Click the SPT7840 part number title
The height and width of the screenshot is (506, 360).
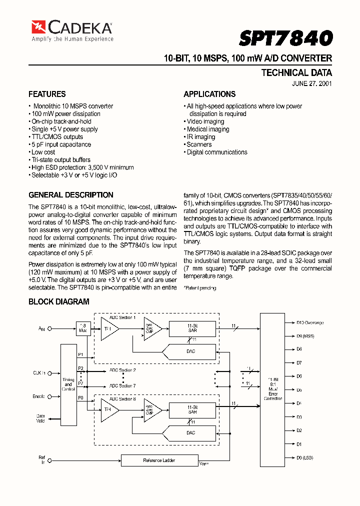click(285, 38)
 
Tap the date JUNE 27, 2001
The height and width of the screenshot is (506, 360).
click(312, 84)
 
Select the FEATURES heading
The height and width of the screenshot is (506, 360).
click(47, 94)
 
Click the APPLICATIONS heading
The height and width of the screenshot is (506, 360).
click(209, 94)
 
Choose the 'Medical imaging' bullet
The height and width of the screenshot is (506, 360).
click(207, 129)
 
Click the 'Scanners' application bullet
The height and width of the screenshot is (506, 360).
click(198, 144)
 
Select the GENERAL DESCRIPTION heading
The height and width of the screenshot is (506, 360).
click(71, 195)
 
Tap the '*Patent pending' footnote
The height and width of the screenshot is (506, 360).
click(200, 288)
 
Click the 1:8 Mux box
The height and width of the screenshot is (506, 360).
click(82, 328)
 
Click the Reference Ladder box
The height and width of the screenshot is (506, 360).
click(159, 460)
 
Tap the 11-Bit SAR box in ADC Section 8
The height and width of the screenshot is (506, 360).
click(192, 410)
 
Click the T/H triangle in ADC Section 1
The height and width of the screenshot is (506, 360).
click(108, 328)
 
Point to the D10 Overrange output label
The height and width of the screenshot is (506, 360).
click(309, 323)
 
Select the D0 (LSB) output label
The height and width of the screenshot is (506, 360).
click(305, 457)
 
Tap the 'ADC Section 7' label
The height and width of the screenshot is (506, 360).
click(122, 385)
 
